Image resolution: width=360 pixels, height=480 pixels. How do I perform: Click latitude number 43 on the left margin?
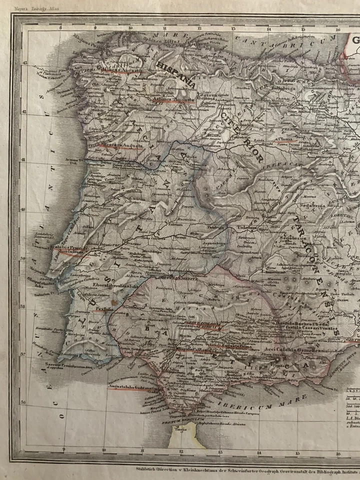[23, 61]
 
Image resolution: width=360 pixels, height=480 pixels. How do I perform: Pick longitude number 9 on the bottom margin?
[64, 449]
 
